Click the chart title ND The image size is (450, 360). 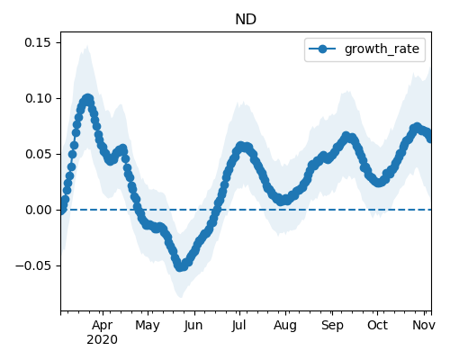point(246,20)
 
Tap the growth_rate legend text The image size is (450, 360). point(382,49)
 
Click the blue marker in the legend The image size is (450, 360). point(322,49)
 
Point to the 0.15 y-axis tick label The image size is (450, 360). point(38,42)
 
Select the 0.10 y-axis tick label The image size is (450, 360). point(38,98)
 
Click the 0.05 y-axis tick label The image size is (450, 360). point(38,154)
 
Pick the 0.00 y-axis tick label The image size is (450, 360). point(38,210)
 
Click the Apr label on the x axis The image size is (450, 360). point(103,325)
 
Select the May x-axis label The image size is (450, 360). point(148,325)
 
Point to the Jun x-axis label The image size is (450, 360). point(193,325)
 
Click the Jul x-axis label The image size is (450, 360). point(238,325)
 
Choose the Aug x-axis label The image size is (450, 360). point(285,325)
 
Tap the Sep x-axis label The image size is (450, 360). point(332,325)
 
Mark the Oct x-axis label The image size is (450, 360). point(377,325)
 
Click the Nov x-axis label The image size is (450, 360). point(424,325)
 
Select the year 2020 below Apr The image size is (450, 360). point(102,340)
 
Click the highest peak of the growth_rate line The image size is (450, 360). point(87,99)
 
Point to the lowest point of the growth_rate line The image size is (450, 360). point(180,266)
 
